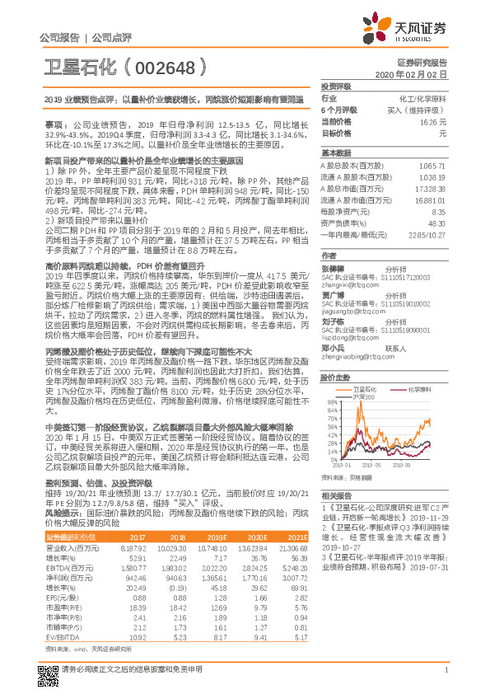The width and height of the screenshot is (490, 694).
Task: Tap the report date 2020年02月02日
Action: point(419,74)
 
